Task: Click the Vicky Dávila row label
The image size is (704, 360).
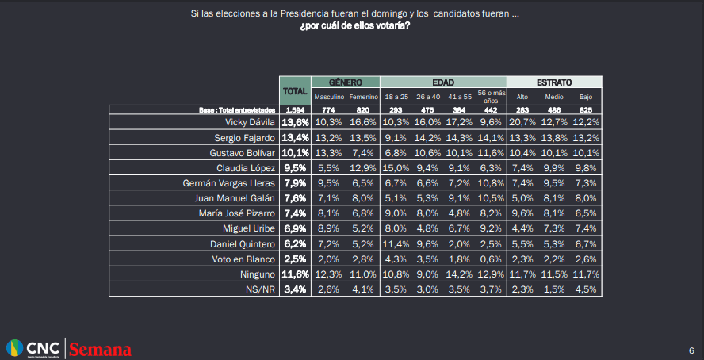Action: click(x=251, y=123)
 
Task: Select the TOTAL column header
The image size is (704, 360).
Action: click(x=295, y=91)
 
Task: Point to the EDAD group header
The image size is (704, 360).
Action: click(x=442, y=82)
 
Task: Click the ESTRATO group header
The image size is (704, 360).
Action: click(x=554, y=82)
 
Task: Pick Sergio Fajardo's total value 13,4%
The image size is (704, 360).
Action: click(x=295, y=137)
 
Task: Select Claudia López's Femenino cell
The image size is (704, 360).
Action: click(x=362, y=168)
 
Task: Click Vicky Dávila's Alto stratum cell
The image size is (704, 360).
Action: click(x=522, y=123)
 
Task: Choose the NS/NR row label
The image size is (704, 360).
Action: click(x=260, y=289)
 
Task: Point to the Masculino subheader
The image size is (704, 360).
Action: click(x=328, y=96)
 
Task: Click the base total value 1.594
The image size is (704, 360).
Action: click(x=295, y=109)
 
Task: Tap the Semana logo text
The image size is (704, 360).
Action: click(x=100, y=349)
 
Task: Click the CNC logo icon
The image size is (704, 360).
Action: click(x=14, y=348)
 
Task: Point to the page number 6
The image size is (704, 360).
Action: click(x=691, y=350)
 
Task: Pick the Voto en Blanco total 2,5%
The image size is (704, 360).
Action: click(x=295, y=259)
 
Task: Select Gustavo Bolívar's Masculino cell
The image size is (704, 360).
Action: click(x=328, y=153)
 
